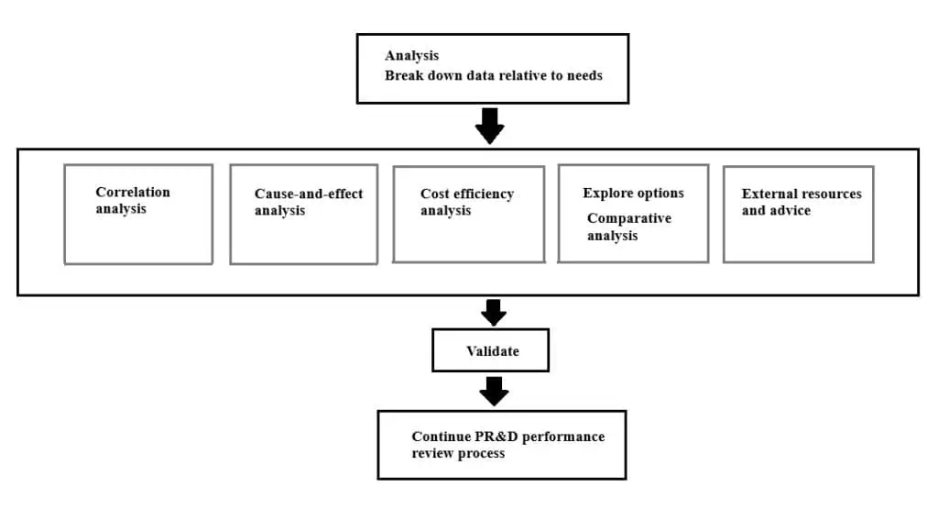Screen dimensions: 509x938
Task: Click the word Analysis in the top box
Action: [411, 56]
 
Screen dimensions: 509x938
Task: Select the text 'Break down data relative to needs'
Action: [493, 75]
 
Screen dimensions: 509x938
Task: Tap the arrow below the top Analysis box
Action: [490, 126]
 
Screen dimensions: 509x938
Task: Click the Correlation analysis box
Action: [138, 215]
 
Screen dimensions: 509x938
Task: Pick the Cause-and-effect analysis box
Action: [303, 215]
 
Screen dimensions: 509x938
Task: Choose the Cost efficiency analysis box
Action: [468, 215]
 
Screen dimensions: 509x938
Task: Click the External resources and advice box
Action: [798, 215]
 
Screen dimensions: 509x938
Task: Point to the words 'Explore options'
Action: [633, 194]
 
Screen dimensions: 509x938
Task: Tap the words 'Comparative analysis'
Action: [628, 227]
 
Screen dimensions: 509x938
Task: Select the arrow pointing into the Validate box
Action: [494, 312]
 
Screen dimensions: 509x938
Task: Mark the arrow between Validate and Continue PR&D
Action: [494, 391]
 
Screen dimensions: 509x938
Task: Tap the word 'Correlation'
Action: [133, 192]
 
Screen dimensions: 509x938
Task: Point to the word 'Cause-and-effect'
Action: [309, 194]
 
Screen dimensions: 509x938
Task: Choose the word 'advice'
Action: [790, 211]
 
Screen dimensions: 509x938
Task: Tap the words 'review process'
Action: [458, 453]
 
